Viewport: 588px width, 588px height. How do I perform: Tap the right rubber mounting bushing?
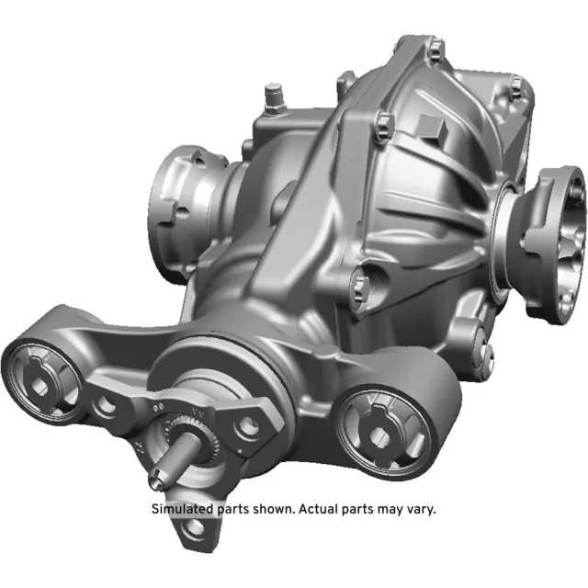(x=379, y=425)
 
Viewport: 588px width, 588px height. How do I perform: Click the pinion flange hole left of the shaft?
(x=109, y=405)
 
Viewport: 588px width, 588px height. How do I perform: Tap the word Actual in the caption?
(x=317, y=508)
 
